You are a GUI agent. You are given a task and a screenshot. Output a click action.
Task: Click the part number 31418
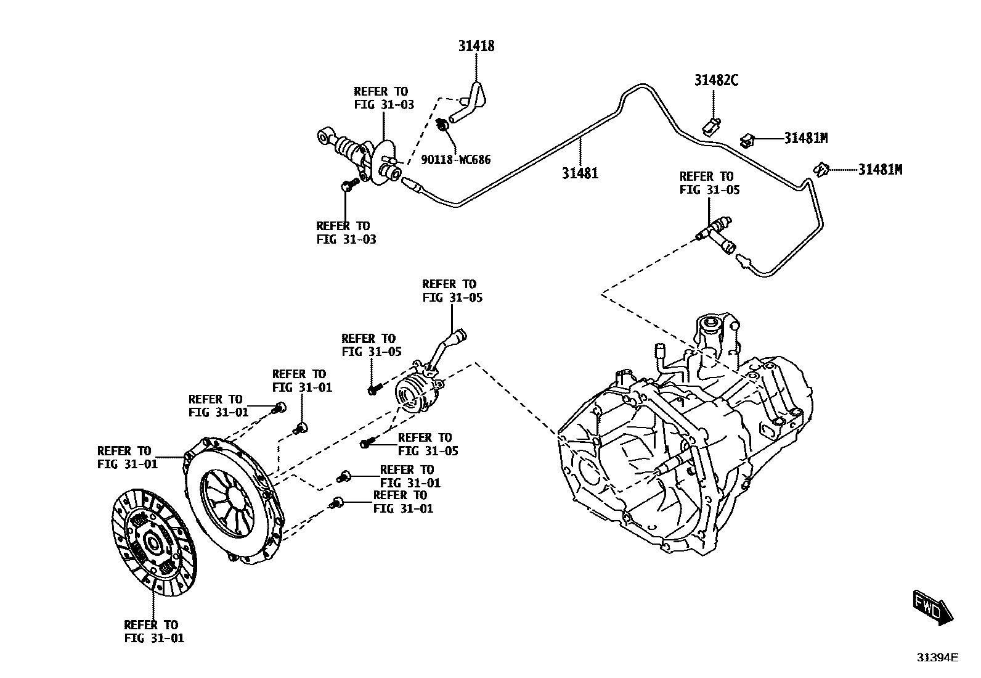(x=476, y=46)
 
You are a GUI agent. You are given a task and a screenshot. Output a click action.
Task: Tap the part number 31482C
(x=716, y=80)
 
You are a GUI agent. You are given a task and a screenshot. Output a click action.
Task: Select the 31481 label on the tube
(x=579, y=173)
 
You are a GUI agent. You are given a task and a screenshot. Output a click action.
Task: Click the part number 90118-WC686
(x=456, y=160)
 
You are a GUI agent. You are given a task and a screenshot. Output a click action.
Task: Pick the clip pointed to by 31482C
(x=711, y=126)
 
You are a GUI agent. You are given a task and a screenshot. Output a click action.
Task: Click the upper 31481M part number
(x=805, y=138)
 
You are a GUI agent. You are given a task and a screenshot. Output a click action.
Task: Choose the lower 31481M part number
(x=880, y=170)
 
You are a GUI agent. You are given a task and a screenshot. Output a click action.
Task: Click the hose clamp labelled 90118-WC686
(x=442, y=125)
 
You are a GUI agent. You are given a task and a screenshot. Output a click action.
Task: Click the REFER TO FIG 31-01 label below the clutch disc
(x=153, y=631)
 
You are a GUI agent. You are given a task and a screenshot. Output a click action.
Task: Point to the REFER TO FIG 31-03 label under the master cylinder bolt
(x=345, y=233)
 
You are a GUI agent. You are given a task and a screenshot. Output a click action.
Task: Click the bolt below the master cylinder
(x=349, y=184)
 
